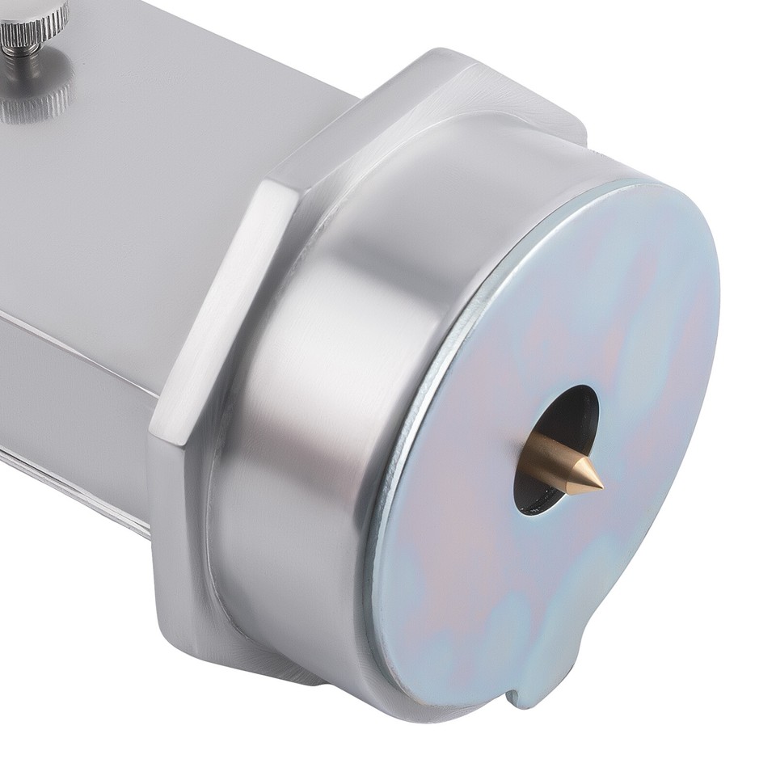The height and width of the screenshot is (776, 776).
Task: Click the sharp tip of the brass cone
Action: pos(601,487)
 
